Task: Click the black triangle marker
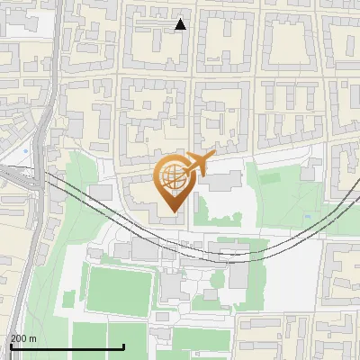coord(181,24)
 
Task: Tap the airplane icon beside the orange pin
coord(199,163)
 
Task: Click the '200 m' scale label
coord(22,338)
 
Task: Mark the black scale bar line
coord(67,346)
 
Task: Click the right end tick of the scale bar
coord(124,346)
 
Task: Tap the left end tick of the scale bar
coord(11,346)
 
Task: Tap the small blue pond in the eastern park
coord(309,216)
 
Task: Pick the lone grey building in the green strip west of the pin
coord(99,191)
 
